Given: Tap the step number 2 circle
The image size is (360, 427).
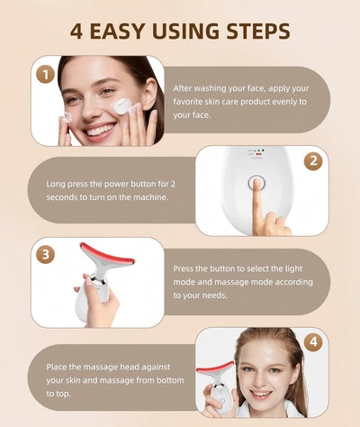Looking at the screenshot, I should click(x=313, y=162).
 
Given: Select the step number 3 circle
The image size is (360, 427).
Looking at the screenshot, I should click(x=45, y=254).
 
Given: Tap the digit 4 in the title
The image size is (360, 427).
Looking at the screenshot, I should click(x=77, y=32).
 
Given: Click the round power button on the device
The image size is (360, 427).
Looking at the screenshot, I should click(x=255, y=183).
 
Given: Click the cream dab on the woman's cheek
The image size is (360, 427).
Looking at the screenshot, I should click(x=123, y=106).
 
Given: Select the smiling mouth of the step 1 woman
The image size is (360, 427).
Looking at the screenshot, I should click(x=99, y=129).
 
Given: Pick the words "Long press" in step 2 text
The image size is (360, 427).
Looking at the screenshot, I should click(x=67, y=184).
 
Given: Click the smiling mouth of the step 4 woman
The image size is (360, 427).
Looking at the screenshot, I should click(x=261, y=394).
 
